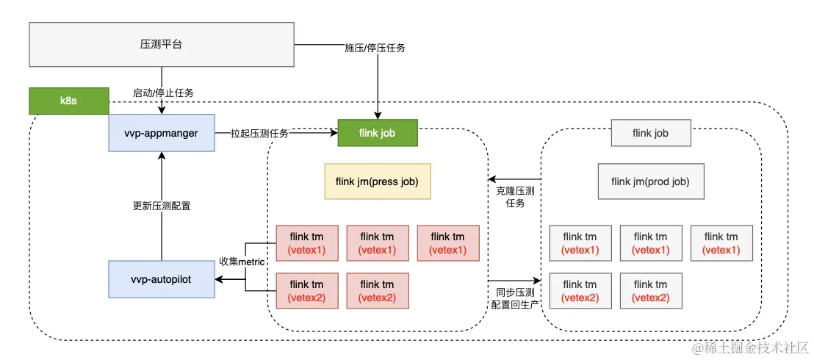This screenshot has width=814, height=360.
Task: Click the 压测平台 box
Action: pos(161,43)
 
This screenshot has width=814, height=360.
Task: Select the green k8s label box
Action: pos(68,101)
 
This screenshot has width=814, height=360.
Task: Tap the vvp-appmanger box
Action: pos(161,133)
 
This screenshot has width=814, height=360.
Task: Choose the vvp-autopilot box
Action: pos(161,279)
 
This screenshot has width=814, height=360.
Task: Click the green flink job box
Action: pos(378,133)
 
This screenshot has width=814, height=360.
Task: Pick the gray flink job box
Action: pos(651,133)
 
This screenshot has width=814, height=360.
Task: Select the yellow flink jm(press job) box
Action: pos(378,181)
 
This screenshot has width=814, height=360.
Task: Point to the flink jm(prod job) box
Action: pos(651,181)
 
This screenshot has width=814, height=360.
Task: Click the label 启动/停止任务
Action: pos(163,93)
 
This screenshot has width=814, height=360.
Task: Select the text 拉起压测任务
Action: pos(259,133)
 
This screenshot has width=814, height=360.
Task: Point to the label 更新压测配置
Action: pos(161,206)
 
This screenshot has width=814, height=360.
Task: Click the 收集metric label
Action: pos(242,262)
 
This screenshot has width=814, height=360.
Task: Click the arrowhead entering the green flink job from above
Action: pos(378,115)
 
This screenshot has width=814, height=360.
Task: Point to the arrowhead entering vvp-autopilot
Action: pos(218,279)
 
